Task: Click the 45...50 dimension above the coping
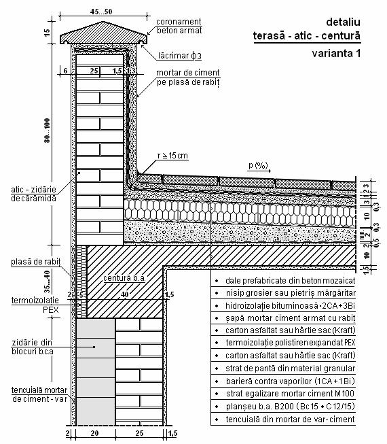(x=101, y=12)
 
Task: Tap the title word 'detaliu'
(x=343, y=22)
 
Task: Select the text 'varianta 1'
(x=336, y=53)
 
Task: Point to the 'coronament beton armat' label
(x=179, y=26)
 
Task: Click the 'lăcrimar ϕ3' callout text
(x=180, y=56)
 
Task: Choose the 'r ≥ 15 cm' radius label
(x=172, y=156)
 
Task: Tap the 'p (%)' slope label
(x=258, y=165)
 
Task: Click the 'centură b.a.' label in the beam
(x=124, y=278)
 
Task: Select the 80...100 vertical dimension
(x=47, y=131)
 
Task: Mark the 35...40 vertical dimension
(x=47, y=281)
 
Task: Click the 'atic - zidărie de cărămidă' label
(x=34, y=194)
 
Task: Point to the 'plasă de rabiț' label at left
(x=36, y=261)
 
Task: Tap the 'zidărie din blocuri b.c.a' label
(x=32, y=347)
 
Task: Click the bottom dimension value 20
(x=94, y=433)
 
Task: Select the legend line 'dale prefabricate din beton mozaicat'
(x=291, y=281)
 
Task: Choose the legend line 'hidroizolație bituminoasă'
(x=290, y=306)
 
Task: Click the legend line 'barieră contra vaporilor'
(x=291, y=381)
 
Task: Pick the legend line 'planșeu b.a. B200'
(x=291, y=407)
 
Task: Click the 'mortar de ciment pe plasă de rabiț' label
(x=188, y=78)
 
